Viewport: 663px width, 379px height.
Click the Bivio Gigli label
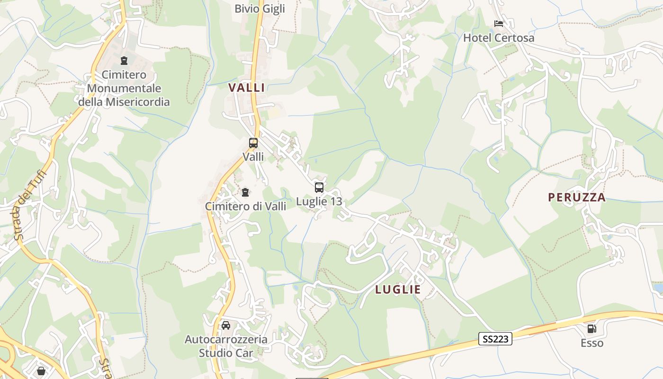260,9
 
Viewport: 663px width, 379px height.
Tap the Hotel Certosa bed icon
498,23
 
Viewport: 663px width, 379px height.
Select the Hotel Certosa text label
499,38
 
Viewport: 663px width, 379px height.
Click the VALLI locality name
247,88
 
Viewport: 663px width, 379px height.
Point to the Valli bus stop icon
253,143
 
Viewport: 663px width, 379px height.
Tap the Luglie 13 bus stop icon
319,188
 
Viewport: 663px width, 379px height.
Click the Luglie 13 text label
319,202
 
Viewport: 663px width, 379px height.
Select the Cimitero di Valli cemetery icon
245,192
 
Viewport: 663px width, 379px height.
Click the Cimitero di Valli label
245,207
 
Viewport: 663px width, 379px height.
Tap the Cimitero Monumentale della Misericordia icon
124,61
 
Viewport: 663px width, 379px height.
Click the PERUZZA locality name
577,198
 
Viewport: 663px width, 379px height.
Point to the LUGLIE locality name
398,289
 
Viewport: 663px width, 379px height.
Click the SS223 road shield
495,339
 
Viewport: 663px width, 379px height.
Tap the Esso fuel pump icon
591,328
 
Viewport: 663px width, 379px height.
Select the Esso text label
592,343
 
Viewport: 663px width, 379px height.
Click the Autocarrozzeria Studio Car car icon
226,325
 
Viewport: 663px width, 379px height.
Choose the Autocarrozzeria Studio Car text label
226,346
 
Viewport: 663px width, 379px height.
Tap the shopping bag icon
41,370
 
